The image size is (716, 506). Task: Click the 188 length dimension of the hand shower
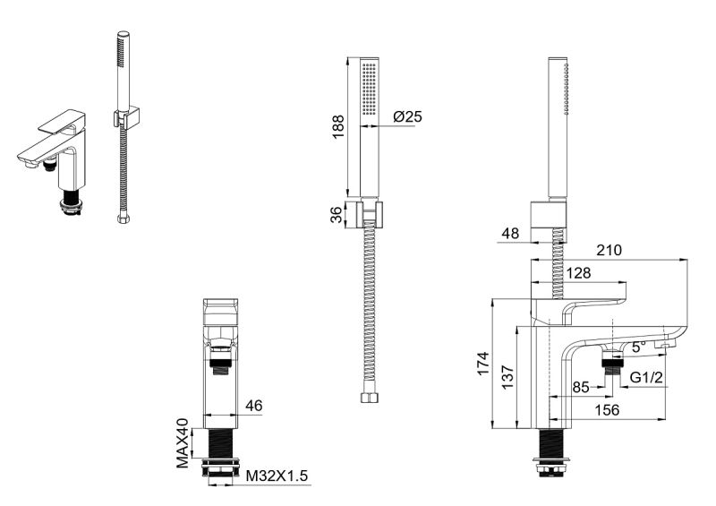[338, 127]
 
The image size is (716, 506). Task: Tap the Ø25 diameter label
[408, 116]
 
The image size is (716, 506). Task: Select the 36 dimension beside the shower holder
[337, 214]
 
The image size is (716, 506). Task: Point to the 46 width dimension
[254, 406]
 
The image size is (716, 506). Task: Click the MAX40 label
[183, 443]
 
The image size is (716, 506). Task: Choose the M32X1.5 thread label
[277, 476]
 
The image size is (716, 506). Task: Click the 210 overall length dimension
[609, 250]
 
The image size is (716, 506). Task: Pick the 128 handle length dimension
[578, 273]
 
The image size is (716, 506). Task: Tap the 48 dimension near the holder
[510, 233]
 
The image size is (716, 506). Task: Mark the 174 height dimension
[483, 364]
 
